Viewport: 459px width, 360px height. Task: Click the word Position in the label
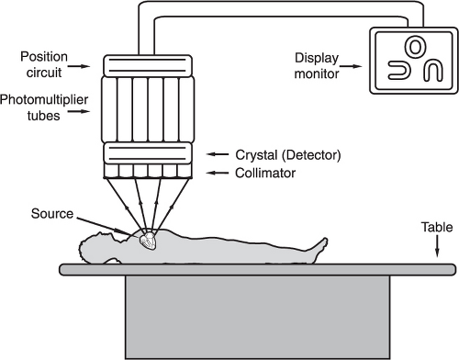pyautogui.click(x=44, y=57)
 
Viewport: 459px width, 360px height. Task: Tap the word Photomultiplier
pyautogui.click(x=44, y=100)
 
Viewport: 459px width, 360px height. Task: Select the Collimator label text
pyautogui.click(x=265, y=174)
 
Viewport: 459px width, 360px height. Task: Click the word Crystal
pyautogui.click(x=256, y=155)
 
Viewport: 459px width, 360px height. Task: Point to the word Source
pyautogui.click(x=52, y=214)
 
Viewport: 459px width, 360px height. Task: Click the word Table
pyautogui.click(x=437, y=227)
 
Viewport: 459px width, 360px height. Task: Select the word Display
pyautogui.click(x=317, y=58)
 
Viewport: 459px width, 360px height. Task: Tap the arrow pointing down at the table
pyautogui.click(x=437, y=246)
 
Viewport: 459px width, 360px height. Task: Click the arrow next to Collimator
pyautogui.click(x=218, y=173)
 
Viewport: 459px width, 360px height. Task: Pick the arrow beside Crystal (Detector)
pyautogui.click(x=218, y=154)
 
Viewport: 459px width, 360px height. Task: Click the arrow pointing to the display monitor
pyautogui.click(x=351, y=66)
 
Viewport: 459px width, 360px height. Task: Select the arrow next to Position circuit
pyautogui.click(x=79, y=66)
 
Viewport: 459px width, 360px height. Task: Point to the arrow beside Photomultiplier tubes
pyautogui.click(x=79, y=111)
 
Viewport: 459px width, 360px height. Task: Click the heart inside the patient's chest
pyautogui.click(x=148, y=241)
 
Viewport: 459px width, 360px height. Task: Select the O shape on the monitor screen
pyautogui.click(x=415, y=47)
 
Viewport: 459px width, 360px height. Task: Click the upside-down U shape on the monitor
pyautogui.click(x=433, y=72)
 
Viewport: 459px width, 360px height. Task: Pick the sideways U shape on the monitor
pyautogui.click(x=398, y=70)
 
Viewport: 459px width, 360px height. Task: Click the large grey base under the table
pyautogui.click(x=258, y=318)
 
